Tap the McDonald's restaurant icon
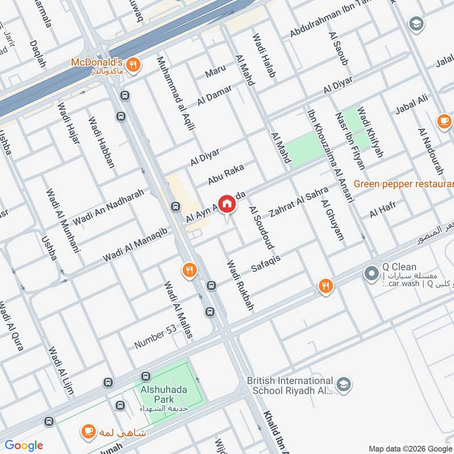point(133,64)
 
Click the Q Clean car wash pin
point(371,274)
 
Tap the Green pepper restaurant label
point(403,184)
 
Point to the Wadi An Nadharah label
point(107,208)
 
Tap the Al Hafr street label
point(381,211)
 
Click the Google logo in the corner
point(24,445)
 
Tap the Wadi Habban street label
point(102,142)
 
